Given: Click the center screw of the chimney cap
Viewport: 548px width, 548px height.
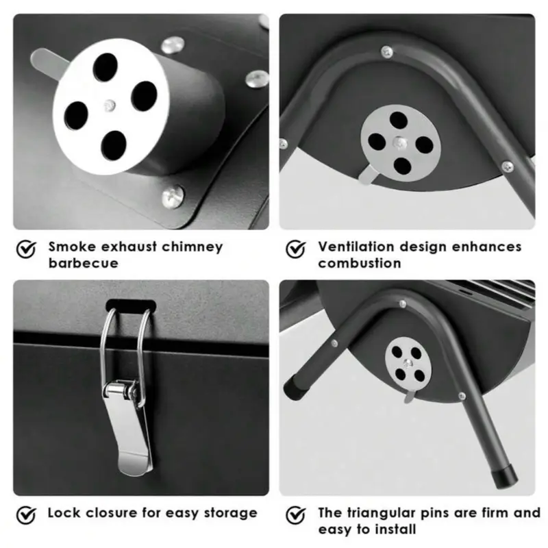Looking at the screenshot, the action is [x=110, y=105].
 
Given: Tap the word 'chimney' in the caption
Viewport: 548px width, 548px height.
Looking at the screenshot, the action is [x=192, y=247].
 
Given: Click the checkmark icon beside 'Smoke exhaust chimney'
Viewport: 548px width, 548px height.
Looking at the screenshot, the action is [x=26, y=249].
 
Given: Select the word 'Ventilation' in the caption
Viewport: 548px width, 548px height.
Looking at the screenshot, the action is [x=356, y=247].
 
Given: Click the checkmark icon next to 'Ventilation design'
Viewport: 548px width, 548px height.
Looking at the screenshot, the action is [x=296, y=249].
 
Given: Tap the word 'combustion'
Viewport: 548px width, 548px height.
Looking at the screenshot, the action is [x=359, y=263].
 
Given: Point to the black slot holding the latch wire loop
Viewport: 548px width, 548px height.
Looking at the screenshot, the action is [x=131, y=305].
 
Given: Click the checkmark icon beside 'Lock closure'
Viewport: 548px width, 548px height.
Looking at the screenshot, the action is [x=26, y=516].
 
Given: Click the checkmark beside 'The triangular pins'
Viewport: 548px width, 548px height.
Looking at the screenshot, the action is [x=296, y=516].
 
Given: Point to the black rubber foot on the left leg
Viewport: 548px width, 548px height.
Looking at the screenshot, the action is [x=296, y=387].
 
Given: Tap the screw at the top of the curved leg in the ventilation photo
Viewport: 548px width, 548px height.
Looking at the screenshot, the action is [x=386, y=52].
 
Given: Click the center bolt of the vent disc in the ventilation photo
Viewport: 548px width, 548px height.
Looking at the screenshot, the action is [x=400, y=142].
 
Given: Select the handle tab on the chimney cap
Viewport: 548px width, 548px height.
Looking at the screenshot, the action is [x=47, y=63].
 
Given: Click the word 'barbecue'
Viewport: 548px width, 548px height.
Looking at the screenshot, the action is [x=84, y=263].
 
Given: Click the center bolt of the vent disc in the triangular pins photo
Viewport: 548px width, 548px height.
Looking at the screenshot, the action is [x=408, y=364].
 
